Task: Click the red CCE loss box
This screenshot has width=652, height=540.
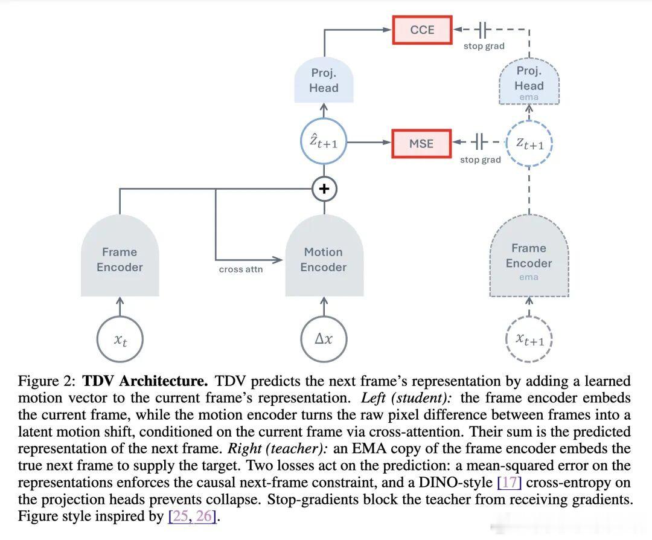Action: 422,30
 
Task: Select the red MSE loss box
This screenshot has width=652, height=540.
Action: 421,144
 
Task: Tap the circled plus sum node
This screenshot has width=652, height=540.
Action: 324,189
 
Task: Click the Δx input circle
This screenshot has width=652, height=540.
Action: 324,339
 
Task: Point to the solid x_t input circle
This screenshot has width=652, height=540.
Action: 120,339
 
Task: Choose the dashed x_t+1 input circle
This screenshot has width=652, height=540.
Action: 529,339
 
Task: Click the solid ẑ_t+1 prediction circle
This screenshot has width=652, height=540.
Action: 324,142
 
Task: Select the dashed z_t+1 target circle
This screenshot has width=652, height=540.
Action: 529,144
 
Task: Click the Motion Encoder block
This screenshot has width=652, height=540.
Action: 324,256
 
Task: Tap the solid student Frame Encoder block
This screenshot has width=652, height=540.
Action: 120,256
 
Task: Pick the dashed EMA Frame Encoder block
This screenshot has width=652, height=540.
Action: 529,256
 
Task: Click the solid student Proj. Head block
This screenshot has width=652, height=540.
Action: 324,80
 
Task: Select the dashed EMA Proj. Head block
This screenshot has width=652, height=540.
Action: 529,81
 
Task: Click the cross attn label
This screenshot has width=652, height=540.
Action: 241,269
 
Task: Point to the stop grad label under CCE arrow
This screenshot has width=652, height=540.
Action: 484,46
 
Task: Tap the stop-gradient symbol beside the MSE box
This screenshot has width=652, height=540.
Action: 479,142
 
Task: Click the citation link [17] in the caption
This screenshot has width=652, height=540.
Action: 510,482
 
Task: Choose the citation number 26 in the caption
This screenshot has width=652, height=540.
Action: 204,516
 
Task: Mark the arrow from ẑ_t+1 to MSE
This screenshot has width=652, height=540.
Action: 369,143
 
